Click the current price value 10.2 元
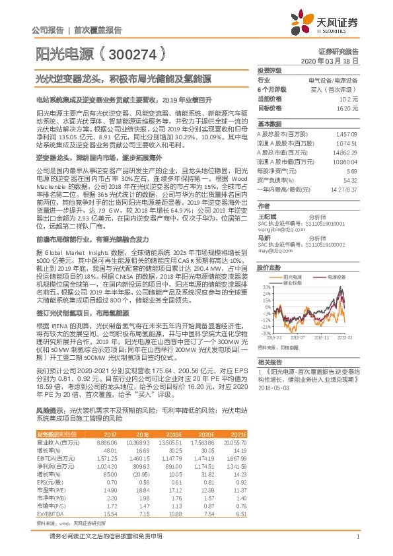click(349, 98)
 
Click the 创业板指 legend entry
click(291, 282)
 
